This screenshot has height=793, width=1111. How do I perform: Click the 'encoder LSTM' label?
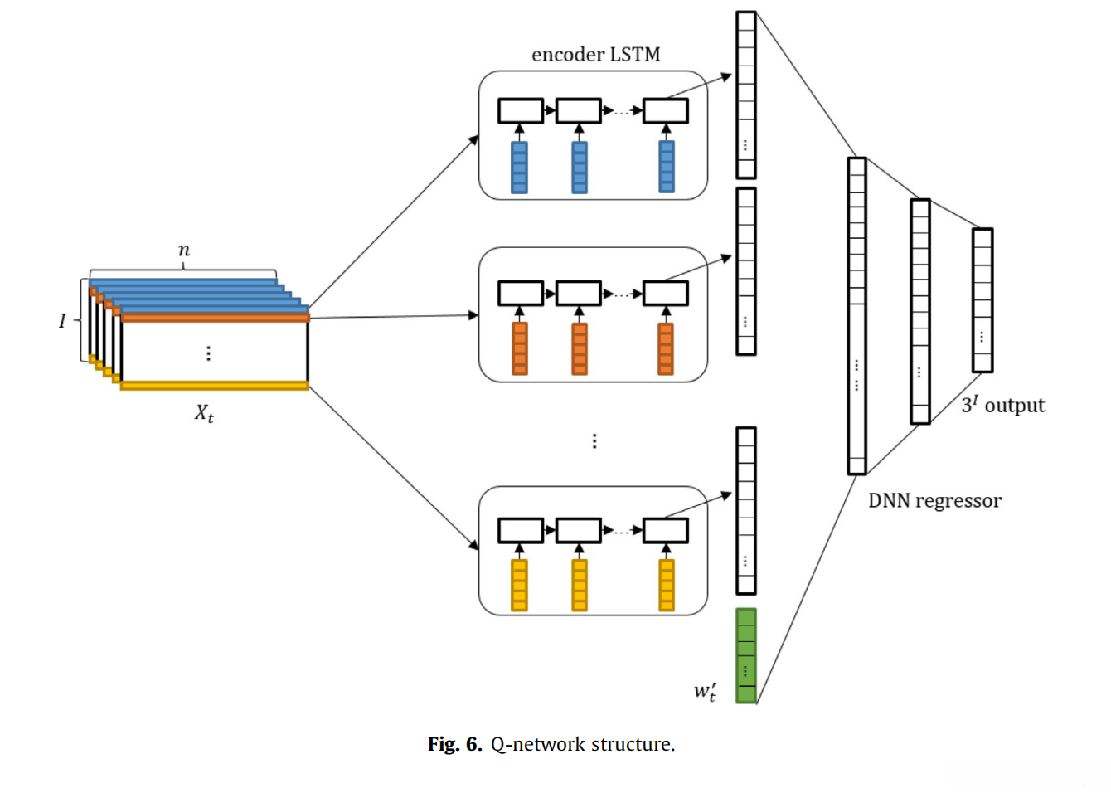(595, 55)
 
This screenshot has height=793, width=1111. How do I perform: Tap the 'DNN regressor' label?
(934, 501)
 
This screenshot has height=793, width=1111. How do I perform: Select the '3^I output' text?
(1002, 405)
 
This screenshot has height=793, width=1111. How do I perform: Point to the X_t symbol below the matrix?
(204, 412)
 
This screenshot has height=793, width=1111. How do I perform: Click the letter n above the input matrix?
(183, 250)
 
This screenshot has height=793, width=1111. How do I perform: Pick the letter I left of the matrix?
(62, 320)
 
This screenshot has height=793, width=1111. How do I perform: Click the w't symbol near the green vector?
(705, 691)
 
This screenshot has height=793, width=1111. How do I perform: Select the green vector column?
(746, 656)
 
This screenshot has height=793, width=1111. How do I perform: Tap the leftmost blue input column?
(519, 167)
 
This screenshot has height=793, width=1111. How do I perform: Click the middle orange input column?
(580, 348)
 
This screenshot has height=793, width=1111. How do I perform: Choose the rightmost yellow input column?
(667, 585)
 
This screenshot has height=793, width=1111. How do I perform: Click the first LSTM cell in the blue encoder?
(520, 110)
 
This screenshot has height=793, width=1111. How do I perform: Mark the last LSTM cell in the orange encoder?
(666, 293)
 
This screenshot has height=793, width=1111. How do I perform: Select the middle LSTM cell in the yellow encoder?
(579, 530)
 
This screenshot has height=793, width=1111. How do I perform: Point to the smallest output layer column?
(982, 300)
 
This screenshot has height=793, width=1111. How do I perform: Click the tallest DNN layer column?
(856, 316)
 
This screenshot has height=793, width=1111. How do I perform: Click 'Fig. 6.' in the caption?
(454, 744)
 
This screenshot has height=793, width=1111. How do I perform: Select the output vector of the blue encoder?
(746, 95)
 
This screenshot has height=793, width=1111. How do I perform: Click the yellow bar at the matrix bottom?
(215, 385)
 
